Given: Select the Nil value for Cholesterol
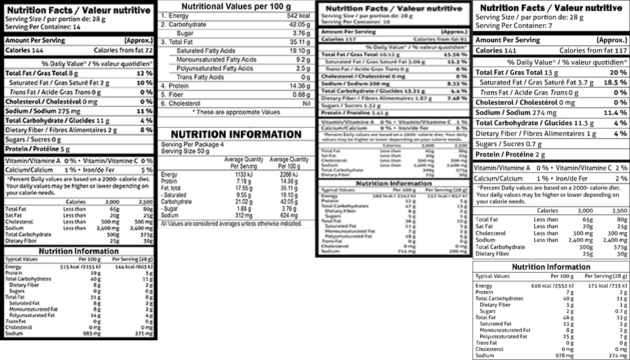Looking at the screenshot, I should pos(303,104).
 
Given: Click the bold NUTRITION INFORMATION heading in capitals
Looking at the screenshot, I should pos(231,134).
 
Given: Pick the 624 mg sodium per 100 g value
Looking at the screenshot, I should pos(289,215).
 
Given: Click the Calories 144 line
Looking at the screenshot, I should pos(23,50).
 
